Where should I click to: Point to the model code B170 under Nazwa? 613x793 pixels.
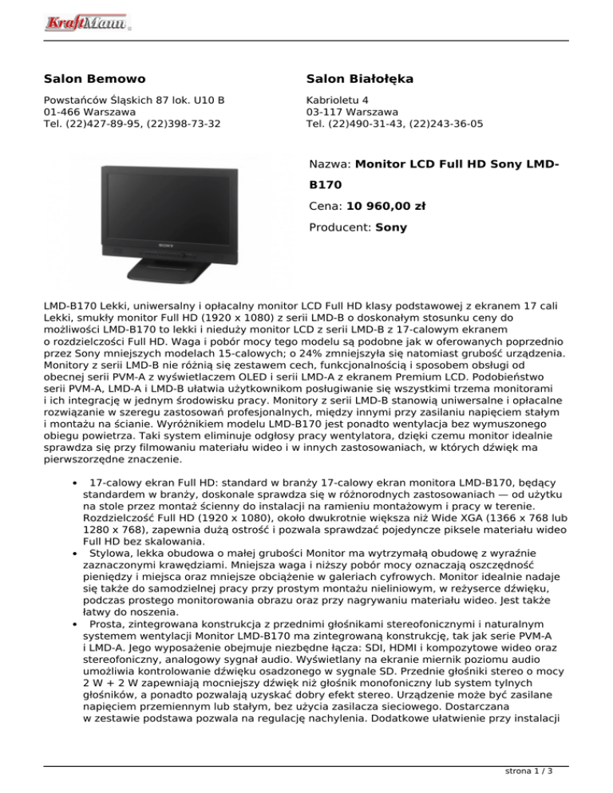coord(324,184)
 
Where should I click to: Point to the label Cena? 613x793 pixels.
coord(324,205)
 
